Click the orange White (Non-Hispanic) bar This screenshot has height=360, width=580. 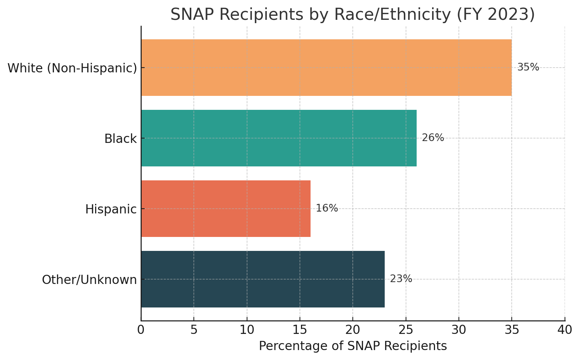click(x=326, y=68)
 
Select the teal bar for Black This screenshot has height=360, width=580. click(x=279, y=138)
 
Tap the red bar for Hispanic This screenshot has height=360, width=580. click(x=225, y=209)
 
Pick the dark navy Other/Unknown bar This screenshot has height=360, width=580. click(x=262, y=279)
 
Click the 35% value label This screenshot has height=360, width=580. click(x=528, y=67)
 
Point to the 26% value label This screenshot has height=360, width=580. click(x=433, y=138)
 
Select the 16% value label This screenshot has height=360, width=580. click(x=327, y=208)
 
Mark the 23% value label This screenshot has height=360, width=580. click(x=401, y=279)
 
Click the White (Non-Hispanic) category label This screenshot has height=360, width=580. click(x=72, y=68)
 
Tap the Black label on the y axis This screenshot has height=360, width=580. click(x=120, y=139)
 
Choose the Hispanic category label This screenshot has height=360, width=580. click(x=111, y=209)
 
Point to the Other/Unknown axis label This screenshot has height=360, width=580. click(x=89, y=280)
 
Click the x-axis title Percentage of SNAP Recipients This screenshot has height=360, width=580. click(x=353, y=346)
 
